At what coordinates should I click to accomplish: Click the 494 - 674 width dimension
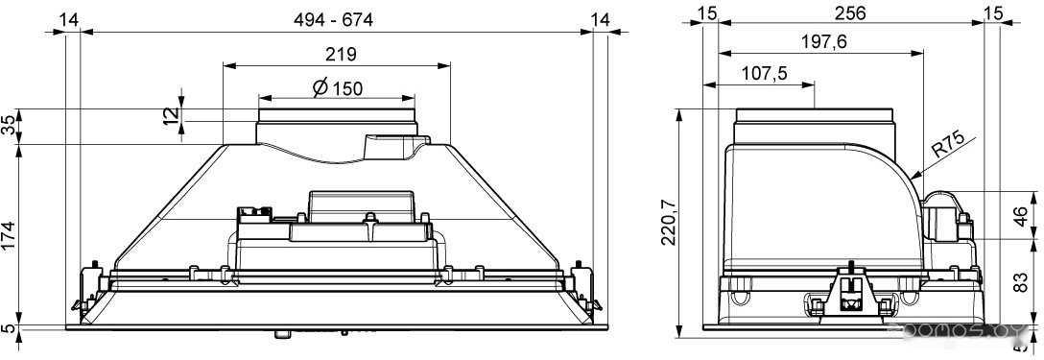(x=333, y=20)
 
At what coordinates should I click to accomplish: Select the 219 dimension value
(x=341, y=54)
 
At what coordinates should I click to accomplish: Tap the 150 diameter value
(x=347, y=87)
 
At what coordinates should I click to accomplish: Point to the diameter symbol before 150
(x=320, y=86)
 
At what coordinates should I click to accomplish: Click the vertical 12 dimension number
(x=171, y=113)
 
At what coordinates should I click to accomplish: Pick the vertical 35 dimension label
(x=9, y=126)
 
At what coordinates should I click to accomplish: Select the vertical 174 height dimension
(x=9, y=235)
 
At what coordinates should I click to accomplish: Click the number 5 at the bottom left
(x=8, y=327)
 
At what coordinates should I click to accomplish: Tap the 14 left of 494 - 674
(x=68, y=20)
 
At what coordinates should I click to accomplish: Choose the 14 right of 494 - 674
(x=601, y=20)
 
